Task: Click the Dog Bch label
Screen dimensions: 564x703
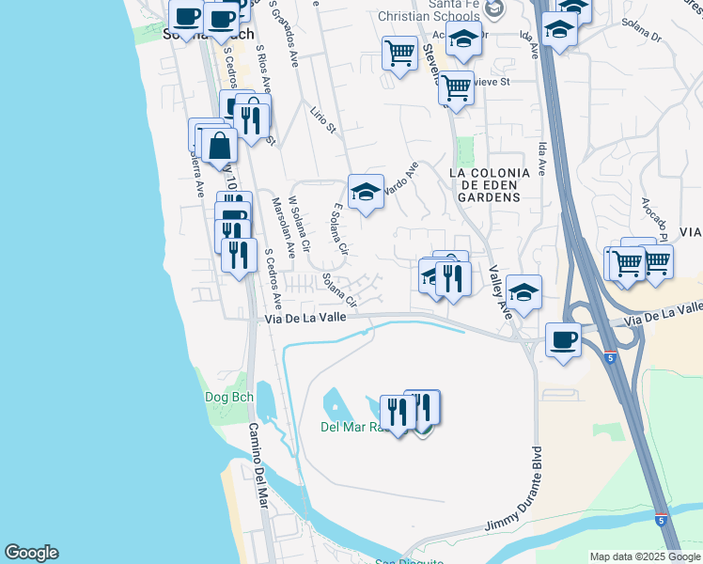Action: click(225, 397)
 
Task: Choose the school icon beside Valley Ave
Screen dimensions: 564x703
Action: click(523, 290)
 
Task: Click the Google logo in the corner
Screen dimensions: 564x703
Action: click(31, 553)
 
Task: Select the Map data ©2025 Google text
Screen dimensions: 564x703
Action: click(644, 556)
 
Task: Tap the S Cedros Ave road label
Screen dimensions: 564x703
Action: click(273, 279)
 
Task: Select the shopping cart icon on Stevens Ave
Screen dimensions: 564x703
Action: click(456, 88)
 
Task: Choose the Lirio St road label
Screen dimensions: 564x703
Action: click(322, 120)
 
